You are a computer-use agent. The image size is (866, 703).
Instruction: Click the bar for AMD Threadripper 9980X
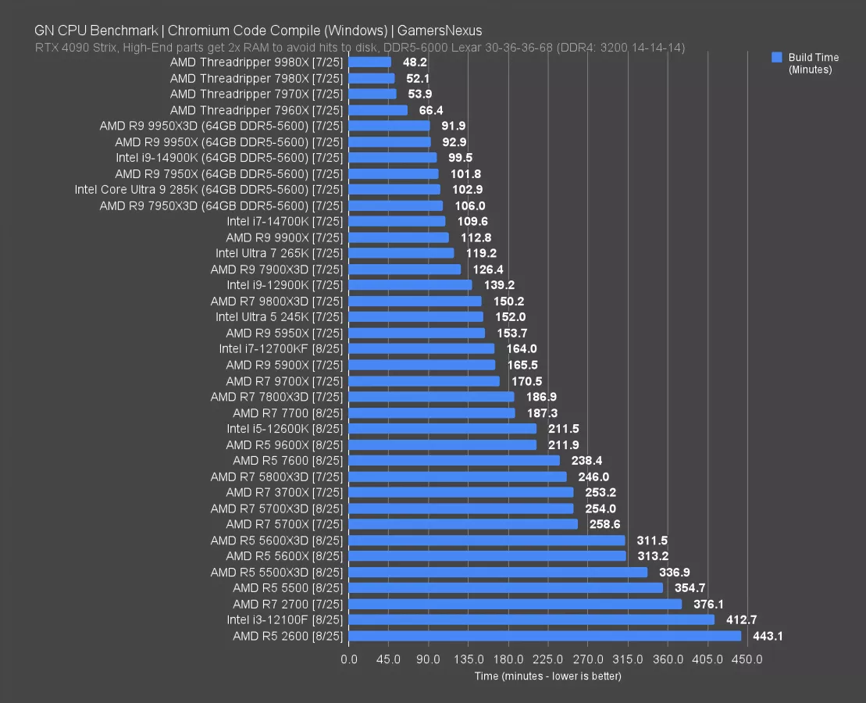370,62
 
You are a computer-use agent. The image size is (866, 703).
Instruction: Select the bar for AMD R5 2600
545,636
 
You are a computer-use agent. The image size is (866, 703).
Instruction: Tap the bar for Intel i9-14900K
393,158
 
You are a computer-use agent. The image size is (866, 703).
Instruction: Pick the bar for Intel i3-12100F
532,620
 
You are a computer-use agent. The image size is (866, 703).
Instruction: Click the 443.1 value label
768,636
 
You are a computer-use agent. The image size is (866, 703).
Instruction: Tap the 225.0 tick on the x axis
549,659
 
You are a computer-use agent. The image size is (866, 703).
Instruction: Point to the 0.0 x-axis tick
349,659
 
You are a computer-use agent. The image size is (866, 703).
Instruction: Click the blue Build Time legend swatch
776,57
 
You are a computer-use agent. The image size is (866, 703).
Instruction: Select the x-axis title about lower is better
547,676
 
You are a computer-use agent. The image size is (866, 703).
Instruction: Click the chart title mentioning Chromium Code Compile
258,31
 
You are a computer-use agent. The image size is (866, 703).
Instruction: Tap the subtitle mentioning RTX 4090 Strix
359,48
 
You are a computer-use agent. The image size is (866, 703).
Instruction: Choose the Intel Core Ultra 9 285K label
208,190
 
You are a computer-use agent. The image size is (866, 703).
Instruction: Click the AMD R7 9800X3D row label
276,302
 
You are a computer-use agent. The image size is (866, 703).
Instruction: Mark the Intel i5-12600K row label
285,429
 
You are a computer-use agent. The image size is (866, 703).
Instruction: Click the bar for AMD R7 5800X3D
458,476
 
